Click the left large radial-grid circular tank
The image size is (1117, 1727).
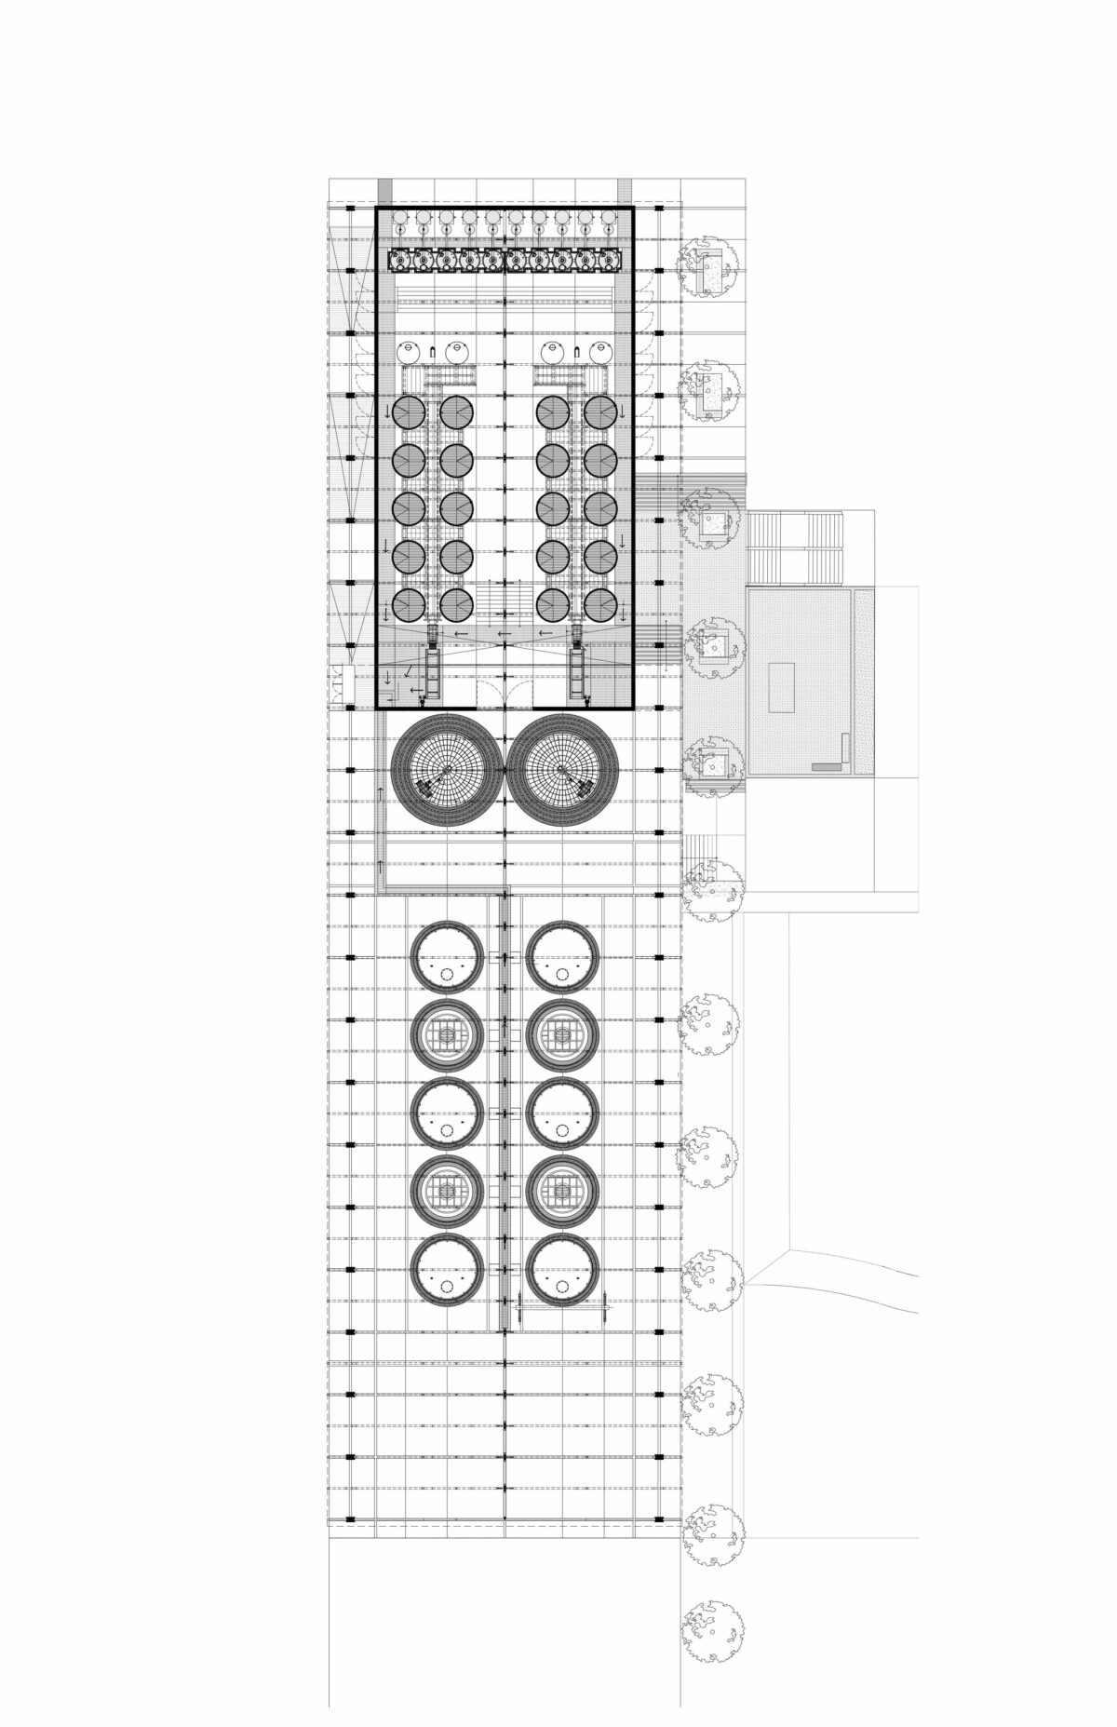click(448, 770)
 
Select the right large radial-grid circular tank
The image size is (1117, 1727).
click(562, 770)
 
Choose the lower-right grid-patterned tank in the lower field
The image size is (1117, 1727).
click(561, 1192)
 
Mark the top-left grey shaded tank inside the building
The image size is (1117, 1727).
click(410, 411)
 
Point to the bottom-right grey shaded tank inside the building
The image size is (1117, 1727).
click(600, 605)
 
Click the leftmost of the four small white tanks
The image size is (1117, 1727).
click(409, 352)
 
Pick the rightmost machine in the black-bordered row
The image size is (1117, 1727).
click(609, 262)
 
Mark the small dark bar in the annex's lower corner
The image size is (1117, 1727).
click(825, 765)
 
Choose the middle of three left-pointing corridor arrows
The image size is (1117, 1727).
click(504, 635)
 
